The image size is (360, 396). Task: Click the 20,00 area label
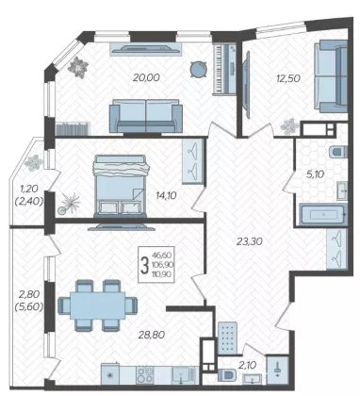(x=146, y=77)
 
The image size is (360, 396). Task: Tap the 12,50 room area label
(x=288, y=78)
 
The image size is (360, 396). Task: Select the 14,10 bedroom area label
(x=166, y=195)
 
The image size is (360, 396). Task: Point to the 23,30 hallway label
(x=250, y=241)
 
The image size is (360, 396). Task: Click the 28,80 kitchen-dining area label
(x=152, y=335)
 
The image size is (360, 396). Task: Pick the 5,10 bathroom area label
(x=315, y=173)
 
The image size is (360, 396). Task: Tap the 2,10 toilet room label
(x=248, y=365)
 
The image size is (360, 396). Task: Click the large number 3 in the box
(x=144, y=265)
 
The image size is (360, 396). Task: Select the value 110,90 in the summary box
(x=161, y=274)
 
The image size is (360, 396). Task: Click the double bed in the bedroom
(x=120, y=186)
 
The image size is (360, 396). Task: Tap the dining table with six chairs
(x=98, y=305)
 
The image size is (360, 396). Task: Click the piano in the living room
(x=224, y=69)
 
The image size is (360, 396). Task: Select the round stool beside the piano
(x=199, y=69)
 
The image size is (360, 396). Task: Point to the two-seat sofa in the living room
(x=146, y=116)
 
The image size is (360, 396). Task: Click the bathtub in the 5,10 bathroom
(x=323, y=215)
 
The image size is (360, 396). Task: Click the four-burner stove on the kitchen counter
(x=144, y=375)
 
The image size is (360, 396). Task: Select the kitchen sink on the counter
(x=182, y=375)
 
